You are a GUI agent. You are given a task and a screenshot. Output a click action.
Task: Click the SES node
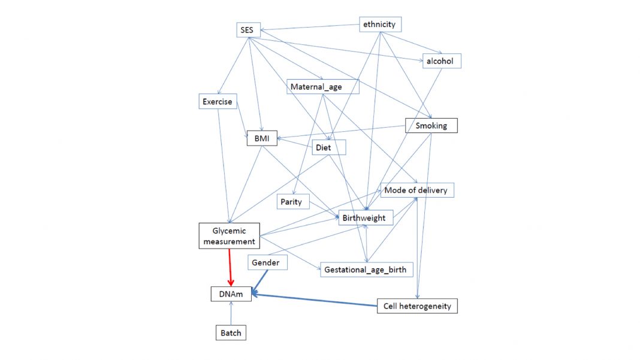tap(247, 30)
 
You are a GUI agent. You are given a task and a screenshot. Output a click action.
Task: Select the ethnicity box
tap(380, 25)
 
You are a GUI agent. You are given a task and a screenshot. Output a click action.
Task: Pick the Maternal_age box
tap(322, 87)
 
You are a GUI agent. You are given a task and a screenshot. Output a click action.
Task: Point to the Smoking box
tap(431, 125)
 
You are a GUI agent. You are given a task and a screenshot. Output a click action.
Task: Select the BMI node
tap(261, 138)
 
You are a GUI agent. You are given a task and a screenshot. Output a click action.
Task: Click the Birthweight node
tap(366, 217)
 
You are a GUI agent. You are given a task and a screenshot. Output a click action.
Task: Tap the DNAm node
tap(231, 294)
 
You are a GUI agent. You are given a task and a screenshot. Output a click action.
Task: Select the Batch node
tap(231, 333)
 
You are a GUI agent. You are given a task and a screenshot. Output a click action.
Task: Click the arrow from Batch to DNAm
tap(231, 313)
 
